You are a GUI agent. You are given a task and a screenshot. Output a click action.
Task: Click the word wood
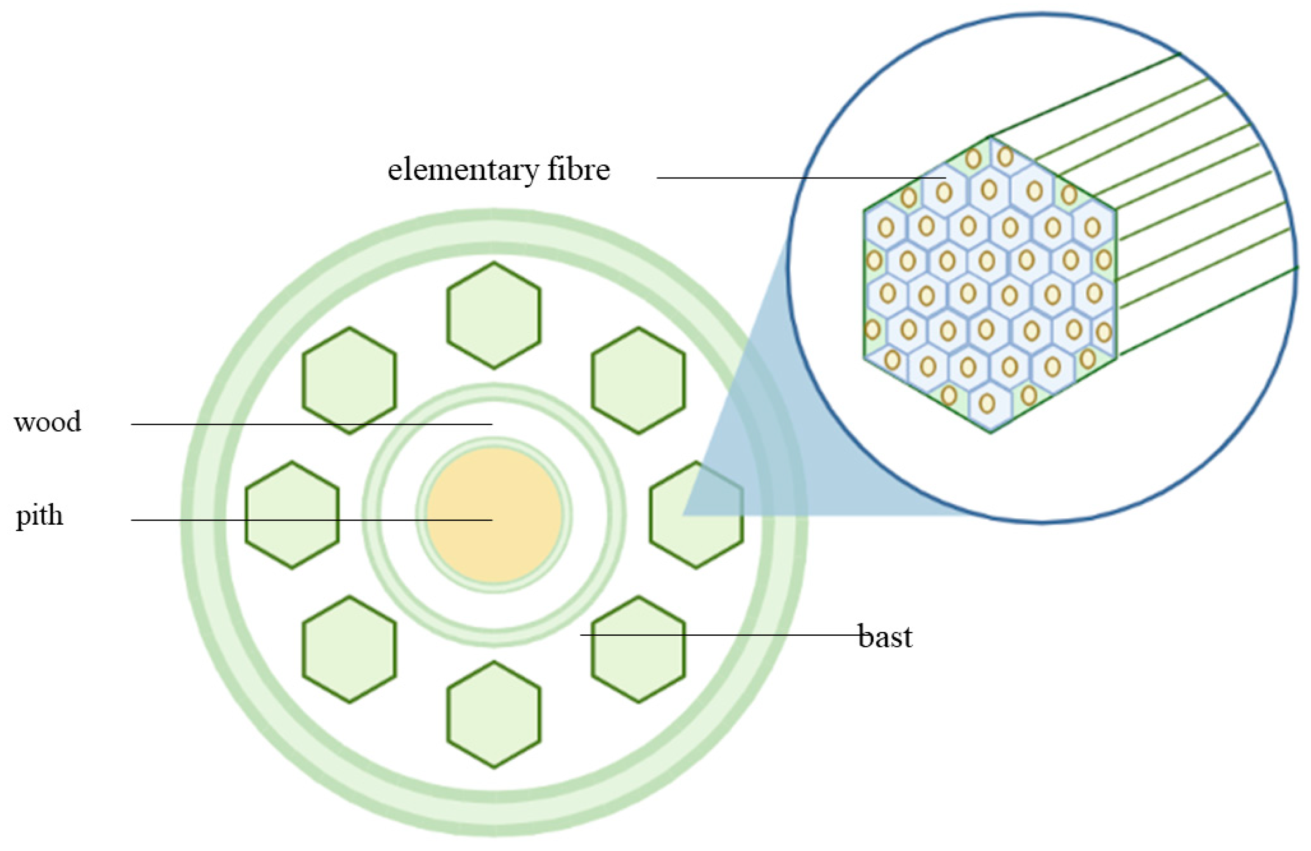(48, 422)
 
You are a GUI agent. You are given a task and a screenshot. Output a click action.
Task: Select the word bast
(885, 637)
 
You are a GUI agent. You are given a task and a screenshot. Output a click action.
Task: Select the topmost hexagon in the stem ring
(493, 315)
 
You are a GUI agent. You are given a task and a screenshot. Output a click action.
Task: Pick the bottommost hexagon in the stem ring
(493, 714)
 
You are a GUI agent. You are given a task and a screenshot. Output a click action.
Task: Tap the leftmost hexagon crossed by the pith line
(292, 515)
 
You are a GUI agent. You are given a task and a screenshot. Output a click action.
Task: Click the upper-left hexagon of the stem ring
(349, 380)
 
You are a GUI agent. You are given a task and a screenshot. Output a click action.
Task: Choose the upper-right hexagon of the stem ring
(638, 380)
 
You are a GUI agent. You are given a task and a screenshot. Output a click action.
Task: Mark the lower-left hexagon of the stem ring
(349, 649)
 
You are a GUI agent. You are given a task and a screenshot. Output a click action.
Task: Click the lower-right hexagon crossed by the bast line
(638, 649)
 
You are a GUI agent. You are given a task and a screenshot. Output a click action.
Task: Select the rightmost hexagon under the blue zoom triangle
(696, 515)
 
